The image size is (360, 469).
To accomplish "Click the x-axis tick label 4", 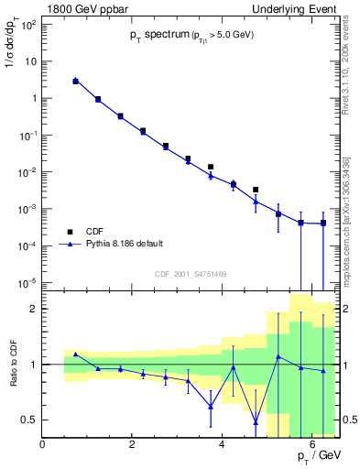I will pyautogui.click(x=223, y=444).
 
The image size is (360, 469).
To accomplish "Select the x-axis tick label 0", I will pyautogui.click(x=43, y=444).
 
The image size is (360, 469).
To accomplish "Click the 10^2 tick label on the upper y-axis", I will pyautogui.click(x=27, y=25).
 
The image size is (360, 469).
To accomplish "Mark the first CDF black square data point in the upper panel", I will pyautogui.click(x=75, y=82).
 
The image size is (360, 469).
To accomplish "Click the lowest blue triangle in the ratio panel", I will pyautogui.click(x=256, y=422).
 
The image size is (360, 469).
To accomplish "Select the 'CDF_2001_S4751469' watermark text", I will pyautogui.click(x=191, y=272).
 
